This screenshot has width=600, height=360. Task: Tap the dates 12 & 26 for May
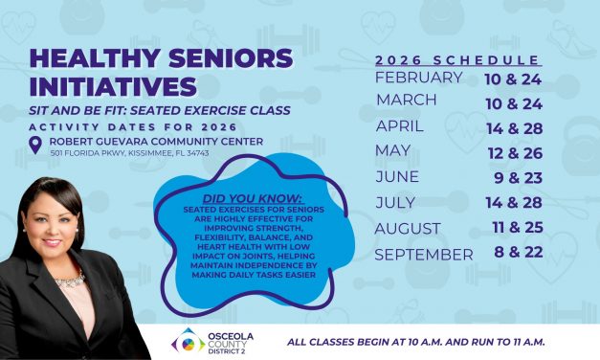coord(521,152)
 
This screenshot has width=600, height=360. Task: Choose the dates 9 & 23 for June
coord(521,177)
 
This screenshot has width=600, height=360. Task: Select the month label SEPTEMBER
coord(423,254)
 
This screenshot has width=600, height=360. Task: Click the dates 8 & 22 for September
coord(521,254)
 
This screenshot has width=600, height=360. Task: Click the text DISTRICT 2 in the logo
coord(226,351)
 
